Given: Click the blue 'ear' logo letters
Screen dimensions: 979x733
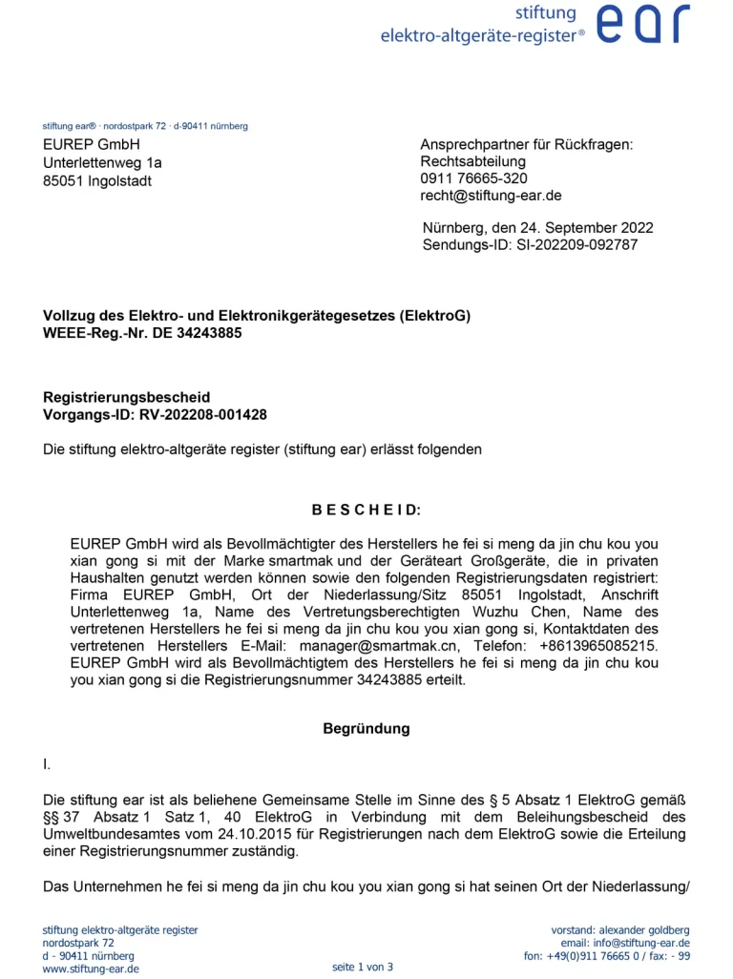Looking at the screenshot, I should click(642, 24).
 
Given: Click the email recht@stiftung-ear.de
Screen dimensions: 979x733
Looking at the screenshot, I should click(491, 196).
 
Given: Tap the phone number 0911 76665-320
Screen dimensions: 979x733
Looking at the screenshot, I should click(473, 178).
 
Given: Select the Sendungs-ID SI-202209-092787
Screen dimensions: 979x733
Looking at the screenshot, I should click(578, 245).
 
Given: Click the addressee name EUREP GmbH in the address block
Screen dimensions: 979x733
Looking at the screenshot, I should click(92, 145).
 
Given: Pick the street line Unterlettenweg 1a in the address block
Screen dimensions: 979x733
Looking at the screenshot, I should click(103, 163).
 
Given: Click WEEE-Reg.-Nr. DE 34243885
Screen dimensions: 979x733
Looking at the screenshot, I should click(142, 333).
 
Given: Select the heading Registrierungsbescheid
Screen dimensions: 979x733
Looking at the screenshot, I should click(126, 397).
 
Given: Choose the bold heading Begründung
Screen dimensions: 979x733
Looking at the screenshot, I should click(366, 729).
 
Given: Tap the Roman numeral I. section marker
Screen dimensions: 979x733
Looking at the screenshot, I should click(48, 764).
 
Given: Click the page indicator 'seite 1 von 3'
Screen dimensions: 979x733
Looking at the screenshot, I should click(363, 968).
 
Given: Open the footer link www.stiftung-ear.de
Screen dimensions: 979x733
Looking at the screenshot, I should click(91, 969).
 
